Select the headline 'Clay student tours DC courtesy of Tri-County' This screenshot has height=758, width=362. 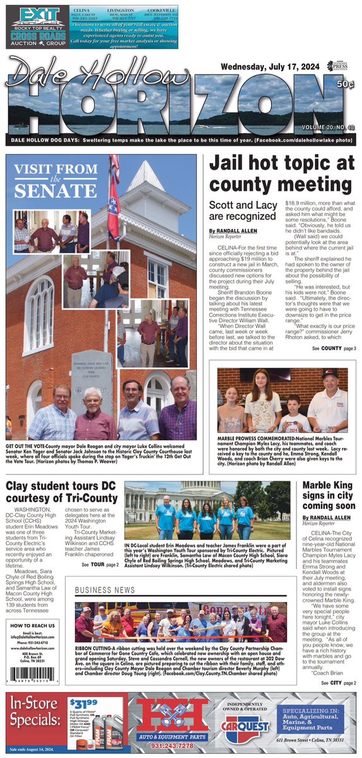[61, 493]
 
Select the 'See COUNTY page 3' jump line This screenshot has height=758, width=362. [334, 349]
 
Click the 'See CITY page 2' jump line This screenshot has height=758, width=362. [337, 683]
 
